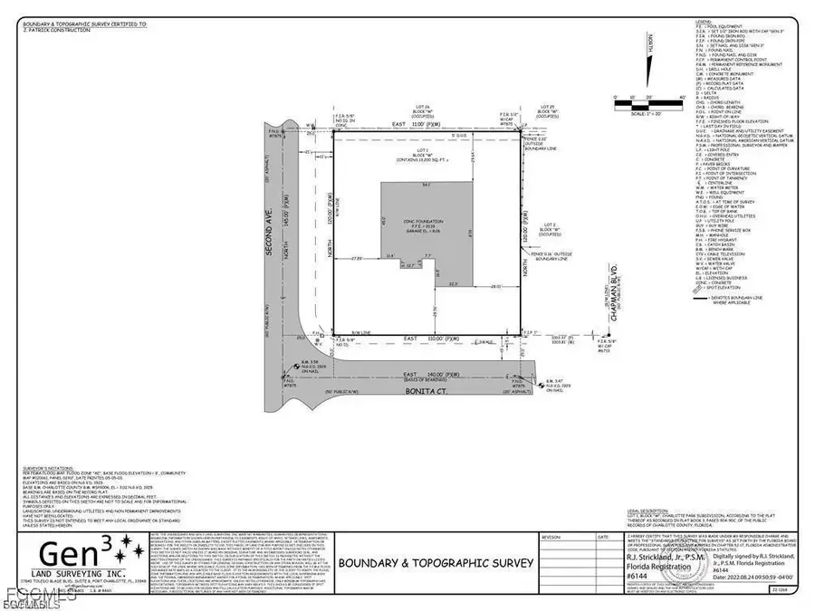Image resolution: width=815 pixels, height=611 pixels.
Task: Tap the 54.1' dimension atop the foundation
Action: click(427, 185)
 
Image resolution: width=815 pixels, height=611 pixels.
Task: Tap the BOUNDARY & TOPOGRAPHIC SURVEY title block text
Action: click(435, 563)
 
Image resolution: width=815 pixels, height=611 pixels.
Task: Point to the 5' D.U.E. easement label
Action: click(434, 138)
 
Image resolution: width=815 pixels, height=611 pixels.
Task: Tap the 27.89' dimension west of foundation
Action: click(358, 258)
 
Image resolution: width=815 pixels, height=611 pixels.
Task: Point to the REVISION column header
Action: click(551, 537)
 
